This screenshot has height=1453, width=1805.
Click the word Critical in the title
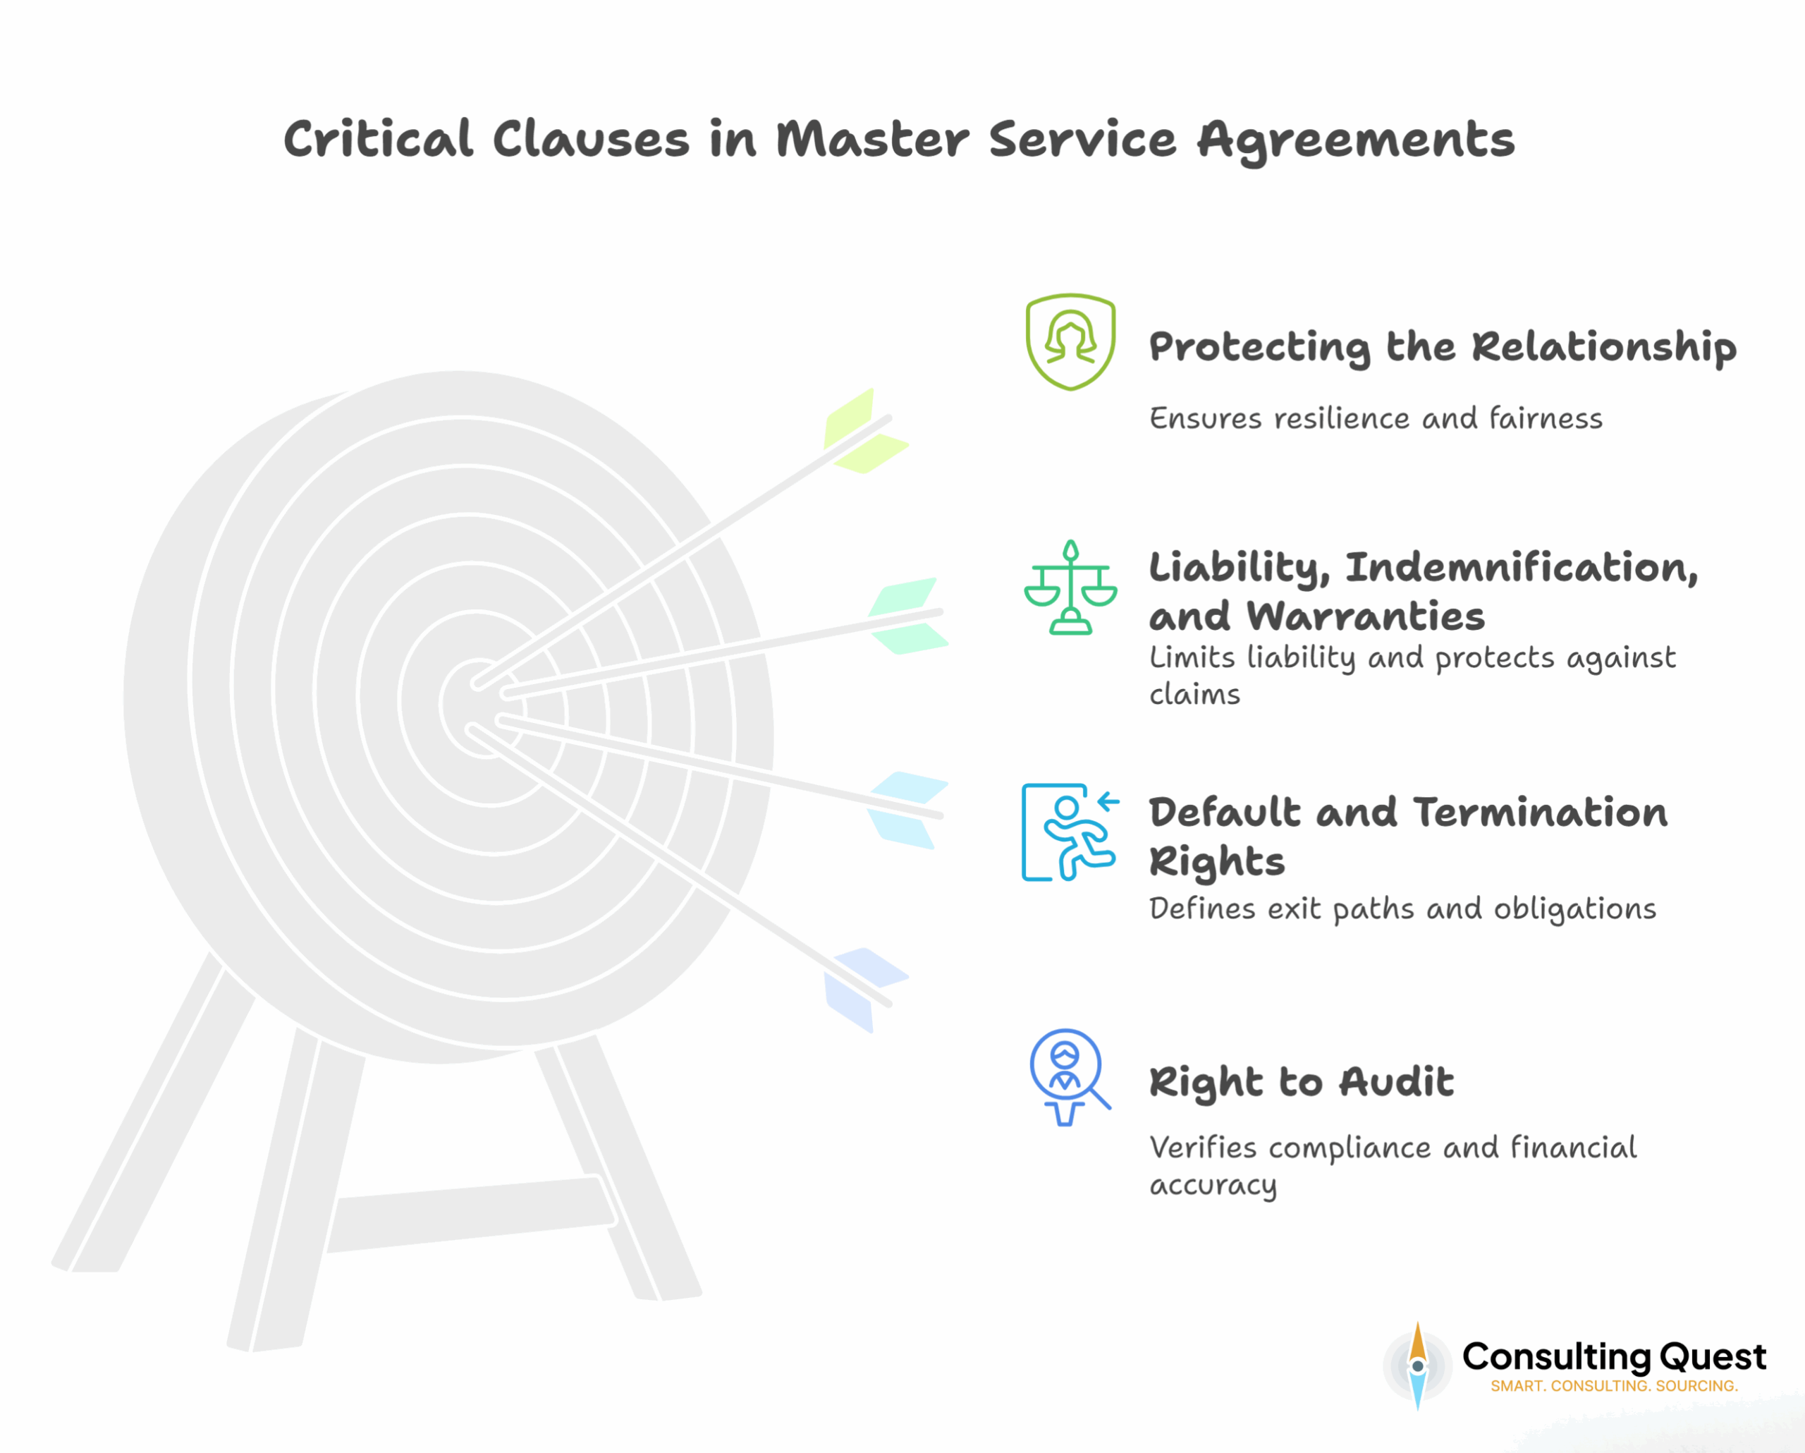(379, 139)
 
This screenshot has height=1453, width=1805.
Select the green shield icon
(1070, 341)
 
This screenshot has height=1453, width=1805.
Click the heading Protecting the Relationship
(1442, 347)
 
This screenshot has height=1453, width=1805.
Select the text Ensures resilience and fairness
(1375, 418)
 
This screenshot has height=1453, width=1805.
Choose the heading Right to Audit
(1301, 1081)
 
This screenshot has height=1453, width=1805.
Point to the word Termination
(1541, 813)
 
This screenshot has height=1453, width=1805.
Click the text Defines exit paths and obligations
(1402, 908)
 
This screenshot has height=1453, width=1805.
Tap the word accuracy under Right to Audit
(1212, 1185)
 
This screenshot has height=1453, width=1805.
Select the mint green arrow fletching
(906, 616)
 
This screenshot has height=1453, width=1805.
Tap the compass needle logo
(1417, 1365)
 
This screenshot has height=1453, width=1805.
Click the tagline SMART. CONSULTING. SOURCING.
(1613, 1386)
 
